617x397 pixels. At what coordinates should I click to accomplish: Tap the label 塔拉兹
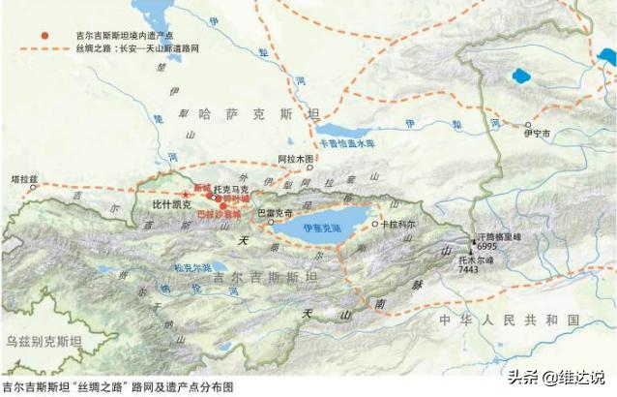[x=23, y=179]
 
